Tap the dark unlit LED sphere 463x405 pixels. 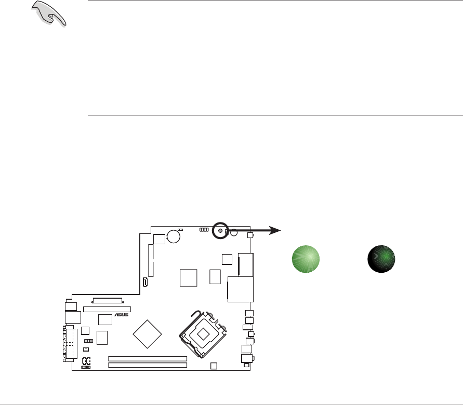381,258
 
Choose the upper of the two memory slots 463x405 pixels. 147,358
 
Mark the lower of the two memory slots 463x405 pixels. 147,365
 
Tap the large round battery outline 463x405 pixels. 174,236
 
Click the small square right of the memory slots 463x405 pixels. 213,366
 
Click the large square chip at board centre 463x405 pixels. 189,277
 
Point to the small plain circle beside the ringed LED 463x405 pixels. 234,233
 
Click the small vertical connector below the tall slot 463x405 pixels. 145,282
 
